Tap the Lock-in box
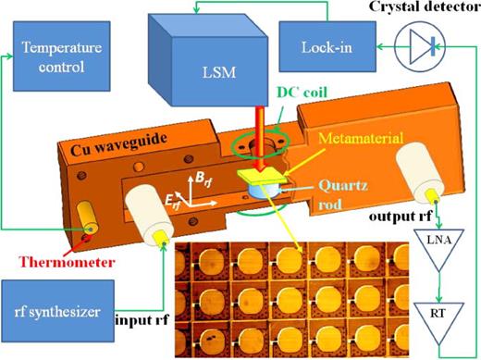326,44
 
